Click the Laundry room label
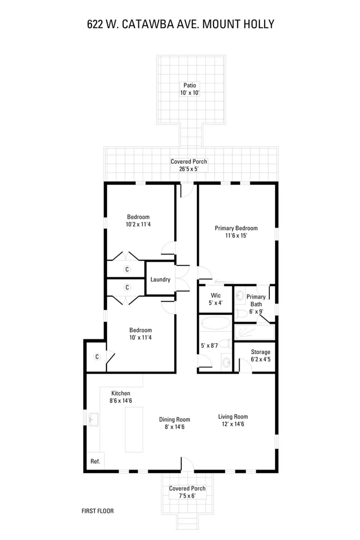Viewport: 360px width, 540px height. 160,279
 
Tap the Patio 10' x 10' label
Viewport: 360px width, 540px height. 190,89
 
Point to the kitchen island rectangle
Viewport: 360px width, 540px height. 134,430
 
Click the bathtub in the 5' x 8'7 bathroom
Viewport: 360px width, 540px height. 216,323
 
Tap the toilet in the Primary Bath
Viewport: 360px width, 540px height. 241,313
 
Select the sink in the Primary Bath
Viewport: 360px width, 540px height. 240,295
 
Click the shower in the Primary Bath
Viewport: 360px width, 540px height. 255,332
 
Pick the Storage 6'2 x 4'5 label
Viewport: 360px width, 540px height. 261,355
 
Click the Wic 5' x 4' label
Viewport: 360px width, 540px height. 216,299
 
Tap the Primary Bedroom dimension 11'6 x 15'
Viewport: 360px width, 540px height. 236,235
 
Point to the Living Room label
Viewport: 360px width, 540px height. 233,417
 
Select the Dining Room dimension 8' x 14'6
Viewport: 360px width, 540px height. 175,427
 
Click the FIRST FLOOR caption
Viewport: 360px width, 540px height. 97,511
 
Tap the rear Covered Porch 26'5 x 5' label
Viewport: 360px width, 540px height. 189,165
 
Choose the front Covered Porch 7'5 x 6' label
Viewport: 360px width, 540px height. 187,492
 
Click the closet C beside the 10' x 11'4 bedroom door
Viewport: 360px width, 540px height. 97,357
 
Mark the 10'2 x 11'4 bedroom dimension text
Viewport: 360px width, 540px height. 138,224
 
